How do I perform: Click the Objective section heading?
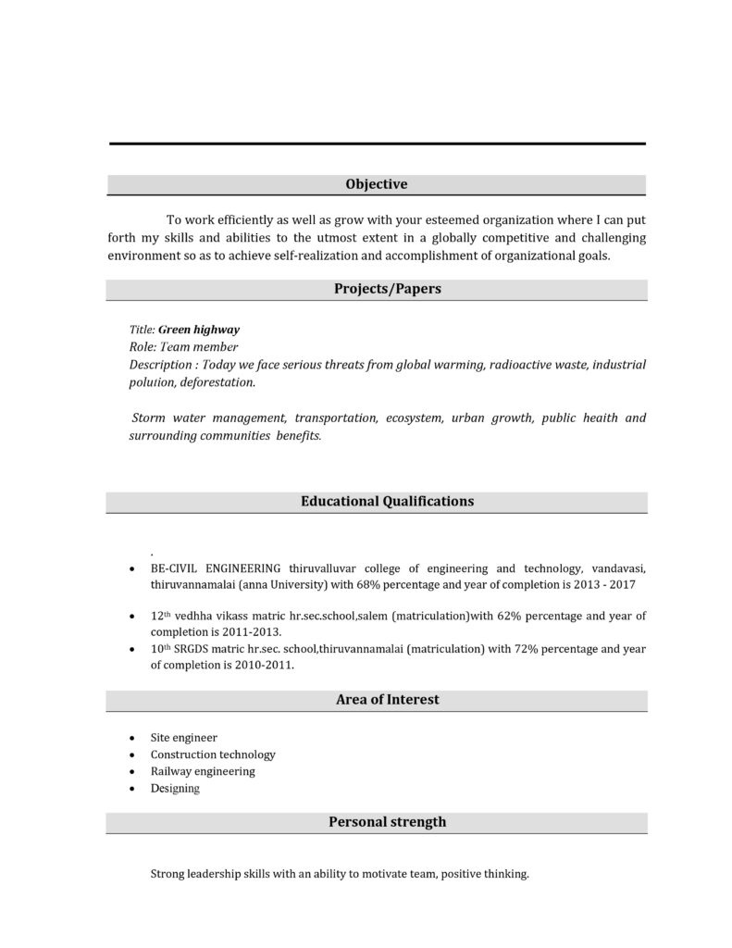tap(376, 184)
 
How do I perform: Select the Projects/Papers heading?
tap(387, 289)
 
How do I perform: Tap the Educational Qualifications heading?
tap(387, 501)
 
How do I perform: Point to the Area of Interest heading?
tap(387, 700)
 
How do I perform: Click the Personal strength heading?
tap(387, 821)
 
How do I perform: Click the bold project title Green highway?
tap(199, 329)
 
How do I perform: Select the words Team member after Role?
tap(186, 346)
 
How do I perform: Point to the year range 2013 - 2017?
tap(603, 585)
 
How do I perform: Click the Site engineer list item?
tap(184, 738)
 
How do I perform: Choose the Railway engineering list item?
tap(203, 771)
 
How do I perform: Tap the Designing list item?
tap(175, 789)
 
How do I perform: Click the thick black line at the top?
tap(377, 143)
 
